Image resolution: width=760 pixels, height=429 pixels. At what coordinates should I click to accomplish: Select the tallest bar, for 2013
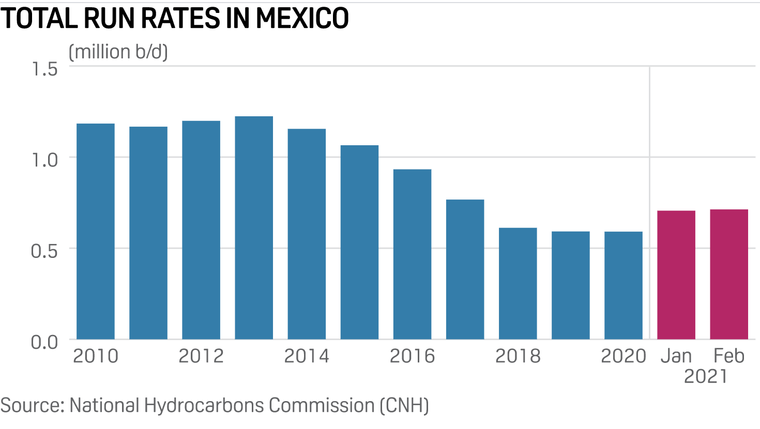tap(254, 228)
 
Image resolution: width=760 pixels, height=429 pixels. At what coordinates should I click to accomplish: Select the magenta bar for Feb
tap(729, 274)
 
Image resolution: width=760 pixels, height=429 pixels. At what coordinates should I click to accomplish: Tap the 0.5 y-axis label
tap(44, 251)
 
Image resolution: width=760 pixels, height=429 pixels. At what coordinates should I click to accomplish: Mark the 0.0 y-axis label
tap(44, 342)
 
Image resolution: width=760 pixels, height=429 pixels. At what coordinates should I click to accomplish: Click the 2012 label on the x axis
tap(201, 356)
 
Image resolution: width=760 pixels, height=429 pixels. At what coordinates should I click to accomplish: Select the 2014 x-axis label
tap(307, 356)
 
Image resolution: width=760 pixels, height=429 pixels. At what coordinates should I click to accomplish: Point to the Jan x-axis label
tap(676, 356)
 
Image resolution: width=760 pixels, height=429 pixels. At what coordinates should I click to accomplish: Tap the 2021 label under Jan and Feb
tap(705, 377)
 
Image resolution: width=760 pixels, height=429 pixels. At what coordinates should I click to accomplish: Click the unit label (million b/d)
tap(118, 52)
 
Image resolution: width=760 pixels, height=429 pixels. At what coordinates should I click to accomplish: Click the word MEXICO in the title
tap(302, 19)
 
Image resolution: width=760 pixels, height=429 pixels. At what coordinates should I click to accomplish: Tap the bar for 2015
tap(359, 242)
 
